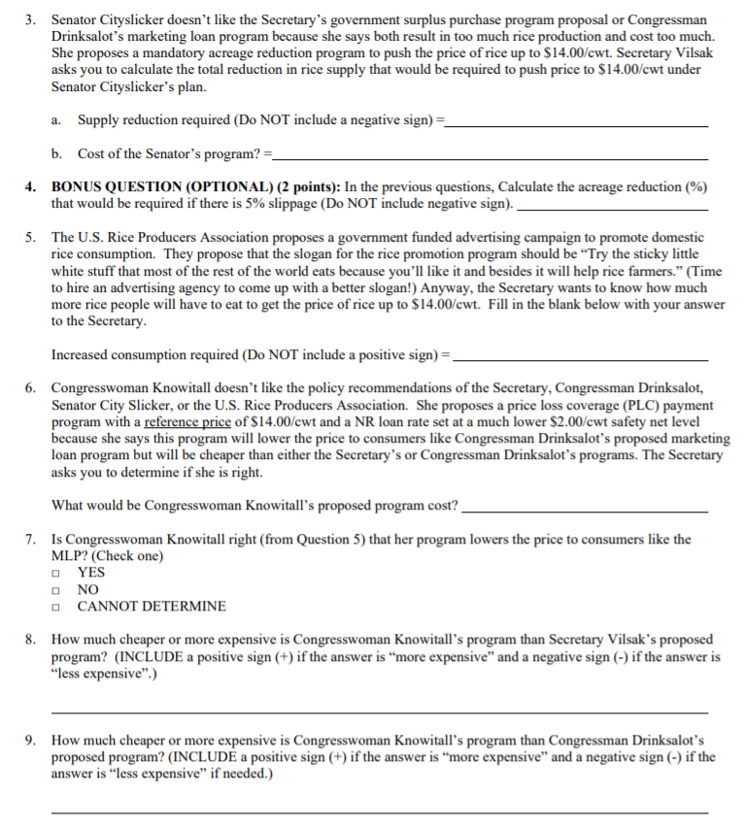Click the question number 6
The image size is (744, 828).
[32, 389]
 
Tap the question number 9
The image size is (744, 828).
[32, 741]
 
